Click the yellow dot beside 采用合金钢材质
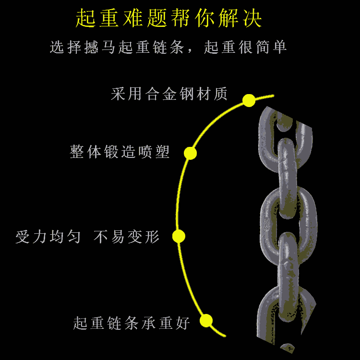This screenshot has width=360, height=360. pos(249,100)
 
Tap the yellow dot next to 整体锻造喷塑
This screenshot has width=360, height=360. pos(191,153)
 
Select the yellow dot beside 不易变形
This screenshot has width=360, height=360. pos(179,236)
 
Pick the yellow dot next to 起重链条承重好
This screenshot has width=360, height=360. pos(206,321)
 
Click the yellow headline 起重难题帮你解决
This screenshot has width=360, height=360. pos(169,19)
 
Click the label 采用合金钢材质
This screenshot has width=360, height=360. pos(169,94)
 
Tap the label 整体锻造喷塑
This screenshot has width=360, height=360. pos(120,152)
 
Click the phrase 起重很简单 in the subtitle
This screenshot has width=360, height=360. pos(246,47)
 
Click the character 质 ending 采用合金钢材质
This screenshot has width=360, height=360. pos(220,94)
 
